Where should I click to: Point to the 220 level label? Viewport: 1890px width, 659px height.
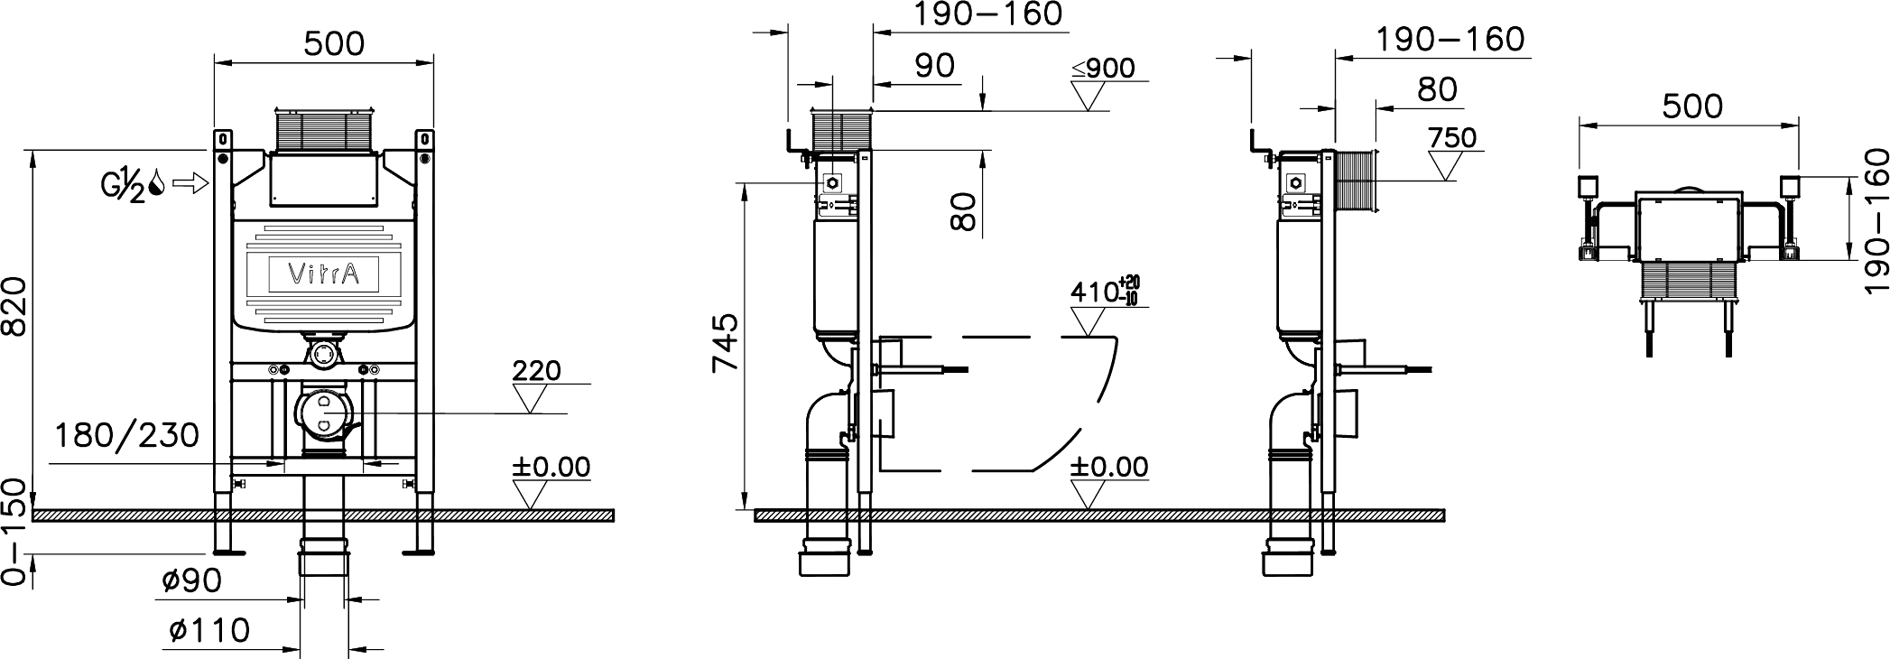pyautogui.click(x=536, y=370)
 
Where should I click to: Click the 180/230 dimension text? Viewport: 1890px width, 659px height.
pyautogui.click(x=126, y=435)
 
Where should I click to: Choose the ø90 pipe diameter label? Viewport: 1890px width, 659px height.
pyautogui.click(x=192, y=580)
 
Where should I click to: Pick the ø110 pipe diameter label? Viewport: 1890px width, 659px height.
pyautogui.click(x=209, y=628)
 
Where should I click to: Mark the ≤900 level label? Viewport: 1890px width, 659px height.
pyautogui.click(x=1103, y=69)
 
